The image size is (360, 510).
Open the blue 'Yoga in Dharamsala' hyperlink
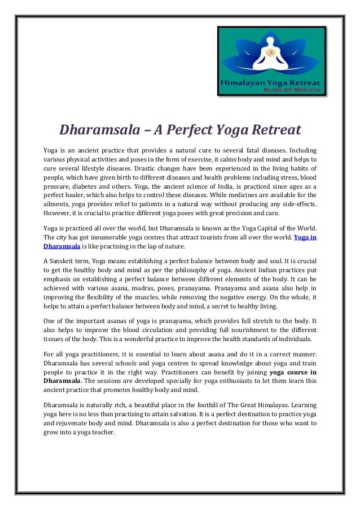pos(304,238)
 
